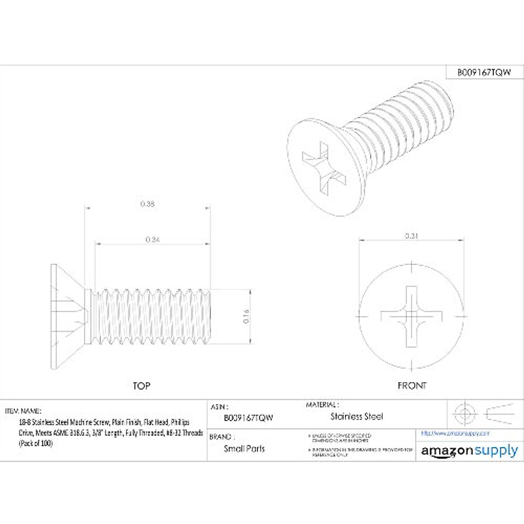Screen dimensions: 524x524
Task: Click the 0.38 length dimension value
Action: (148, 204)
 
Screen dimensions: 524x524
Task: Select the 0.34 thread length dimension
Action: (152, 239)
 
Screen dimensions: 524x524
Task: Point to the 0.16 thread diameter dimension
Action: (245, 316)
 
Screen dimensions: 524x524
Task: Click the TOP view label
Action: (141, 386)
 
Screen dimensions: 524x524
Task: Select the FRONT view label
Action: (412, 386)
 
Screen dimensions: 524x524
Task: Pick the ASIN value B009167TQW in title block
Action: (248, 417)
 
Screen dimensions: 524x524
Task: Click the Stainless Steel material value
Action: (356, 417)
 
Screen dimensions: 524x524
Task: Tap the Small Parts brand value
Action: (244, 448)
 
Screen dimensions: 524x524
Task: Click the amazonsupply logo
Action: (469, 451)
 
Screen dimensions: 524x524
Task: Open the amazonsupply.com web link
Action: (455, 433)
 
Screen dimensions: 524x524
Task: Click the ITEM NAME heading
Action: (23, 411)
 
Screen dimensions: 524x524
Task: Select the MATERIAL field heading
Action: (322, 405)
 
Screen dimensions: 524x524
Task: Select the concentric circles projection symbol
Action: (465, 413)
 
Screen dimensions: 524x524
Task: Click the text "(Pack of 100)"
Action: (35, 443)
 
